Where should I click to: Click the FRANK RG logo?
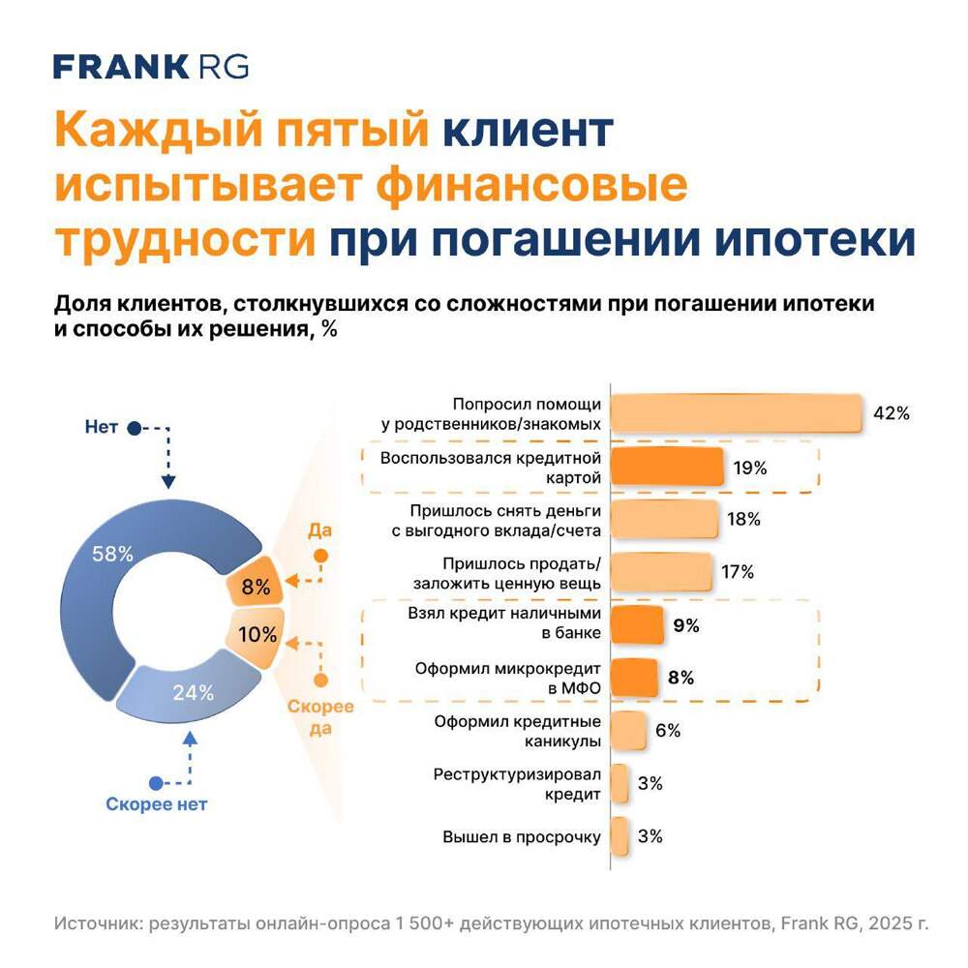(x=150, y=67)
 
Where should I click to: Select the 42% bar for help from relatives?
(x=736, y=413)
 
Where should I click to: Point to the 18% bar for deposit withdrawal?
(x=664, y=520)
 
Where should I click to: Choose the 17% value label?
(x=737, y=572)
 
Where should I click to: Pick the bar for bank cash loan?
(x=636, y=625)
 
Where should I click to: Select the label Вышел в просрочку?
(x=522, y=837)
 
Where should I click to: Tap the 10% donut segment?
(x=257, y=635)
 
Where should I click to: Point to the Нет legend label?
(x=101, y=427)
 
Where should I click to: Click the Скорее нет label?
(x=156, y=803)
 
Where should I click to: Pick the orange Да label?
(x=319, y=530)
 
